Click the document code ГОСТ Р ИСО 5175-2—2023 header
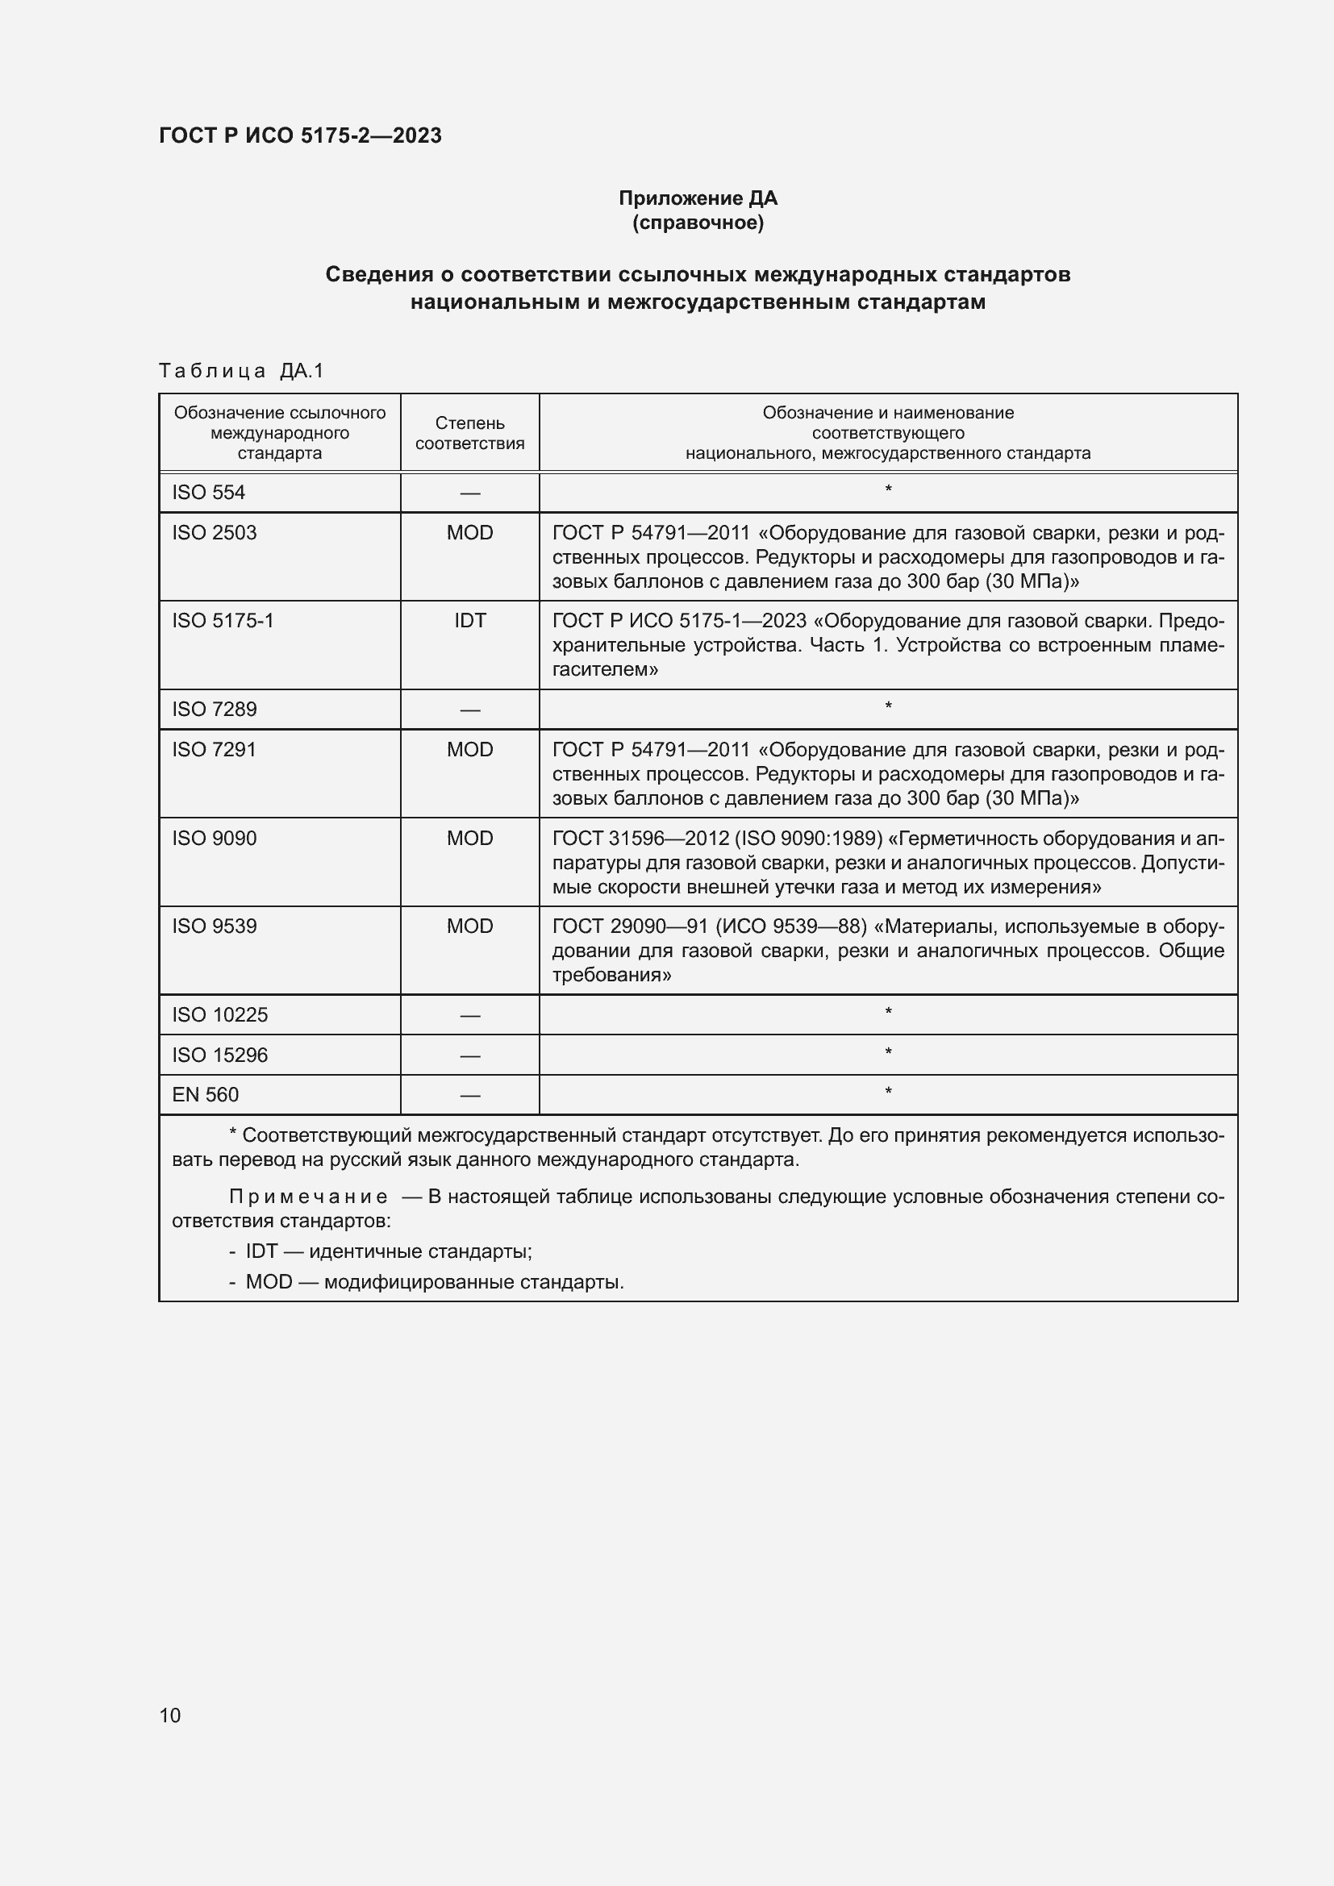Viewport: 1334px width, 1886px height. (300, 135)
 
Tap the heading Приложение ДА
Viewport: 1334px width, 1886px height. (698, 198)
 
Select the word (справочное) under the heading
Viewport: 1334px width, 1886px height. (698, 223)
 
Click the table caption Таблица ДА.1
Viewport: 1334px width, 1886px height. (240, 371)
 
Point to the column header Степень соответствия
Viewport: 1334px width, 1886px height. (469, 433)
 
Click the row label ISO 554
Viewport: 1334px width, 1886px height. (209, 492)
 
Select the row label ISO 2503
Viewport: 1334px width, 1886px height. (215, 532)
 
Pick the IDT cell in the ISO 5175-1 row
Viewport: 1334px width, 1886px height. (470, 620)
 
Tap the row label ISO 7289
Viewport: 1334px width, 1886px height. (215, 709)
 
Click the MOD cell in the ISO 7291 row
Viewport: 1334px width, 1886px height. (470, 749)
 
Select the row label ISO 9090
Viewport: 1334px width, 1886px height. (215, 838)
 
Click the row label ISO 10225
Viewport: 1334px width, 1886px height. (220, 1014)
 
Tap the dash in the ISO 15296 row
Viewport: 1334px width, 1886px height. (470, 1055)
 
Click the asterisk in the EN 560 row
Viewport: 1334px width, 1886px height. (888, 1093)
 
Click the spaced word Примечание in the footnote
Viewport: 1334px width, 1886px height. (307, 1197)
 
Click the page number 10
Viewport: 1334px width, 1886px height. (170, 1715)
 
